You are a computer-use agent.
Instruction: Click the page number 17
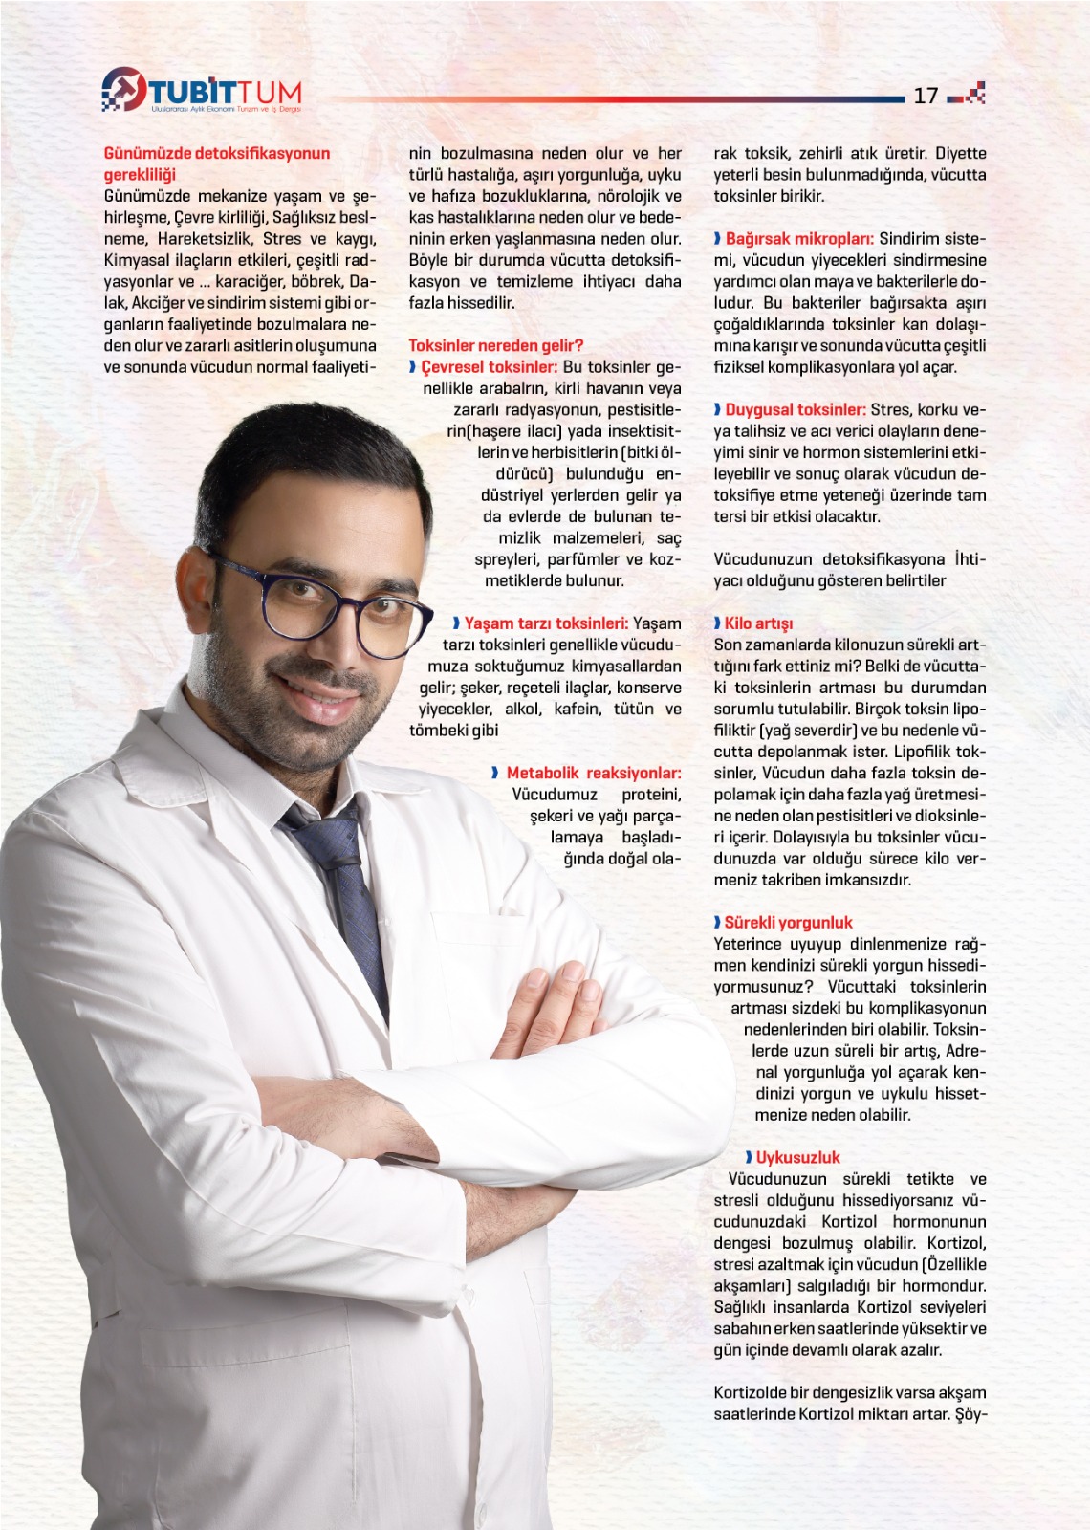[925, 95]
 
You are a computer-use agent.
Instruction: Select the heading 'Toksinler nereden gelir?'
[495, 345]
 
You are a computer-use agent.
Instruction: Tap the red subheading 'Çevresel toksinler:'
[489, 367]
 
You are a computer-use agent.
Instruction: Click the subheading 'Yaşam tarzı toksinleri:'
[546, 623]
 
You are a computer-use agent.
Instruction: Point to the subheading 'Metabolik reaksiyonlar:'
[593, 773]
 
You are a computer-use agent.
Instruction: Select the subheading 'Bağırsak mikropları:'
[798, 239]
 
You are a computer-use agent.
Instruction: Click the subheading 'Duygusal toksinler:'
[795, 409]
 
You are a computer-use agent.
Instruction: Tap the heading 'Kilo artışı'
[758, 623]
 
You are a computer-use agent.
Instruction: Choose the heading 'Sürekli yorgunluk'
[788, 923]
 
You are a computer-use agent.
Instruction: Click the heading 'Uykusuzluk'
[797, 1157]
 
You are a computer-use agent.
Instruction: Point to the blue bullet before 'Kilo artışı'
[717, 623]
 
